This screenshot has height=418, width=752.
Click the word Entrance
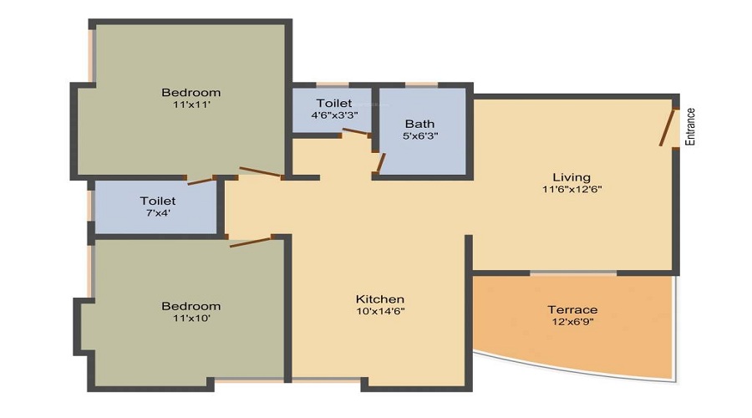pos(690,127)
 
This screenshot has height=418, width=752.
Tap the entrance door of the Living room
pos(667,127)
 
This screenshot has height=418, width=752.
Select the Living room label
pos(572,177)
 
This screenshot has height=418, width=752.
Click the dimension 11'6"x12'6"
pos(572,190)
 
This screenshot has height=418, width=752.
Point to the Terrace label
pos(572,310)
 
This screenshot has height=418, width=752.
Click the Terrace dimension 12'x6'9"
pos(572,323)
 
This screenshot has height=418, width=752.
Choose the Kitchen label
pos(380,299)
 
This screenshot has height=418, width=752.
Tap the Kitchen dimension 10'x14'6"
pos(380,312)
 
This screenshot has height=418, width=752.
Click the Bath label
pos(419,124)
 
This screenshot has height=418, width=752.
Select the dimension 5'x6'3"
pos(419,136)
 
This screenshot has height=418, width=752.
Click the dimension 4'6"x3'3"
pos(333,115)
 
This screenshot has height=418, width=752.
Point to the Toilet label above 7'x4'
pos(157,201)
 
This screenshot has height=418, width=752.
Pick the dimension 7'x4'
pos(157,214)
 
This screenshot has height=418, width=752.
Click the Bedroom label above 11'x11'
pos(191,93)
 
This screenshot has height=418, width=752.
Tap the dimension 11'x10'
pos(191,319)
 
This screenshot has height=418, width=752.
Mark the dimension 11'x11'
pos(191,105)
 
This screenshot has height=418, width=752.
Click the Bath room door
pos(379,162)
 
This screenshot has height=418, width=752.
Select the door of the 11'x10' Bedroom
pos(251,242)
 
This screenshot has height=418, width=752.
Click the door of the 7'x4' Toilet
pos(201,180)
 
